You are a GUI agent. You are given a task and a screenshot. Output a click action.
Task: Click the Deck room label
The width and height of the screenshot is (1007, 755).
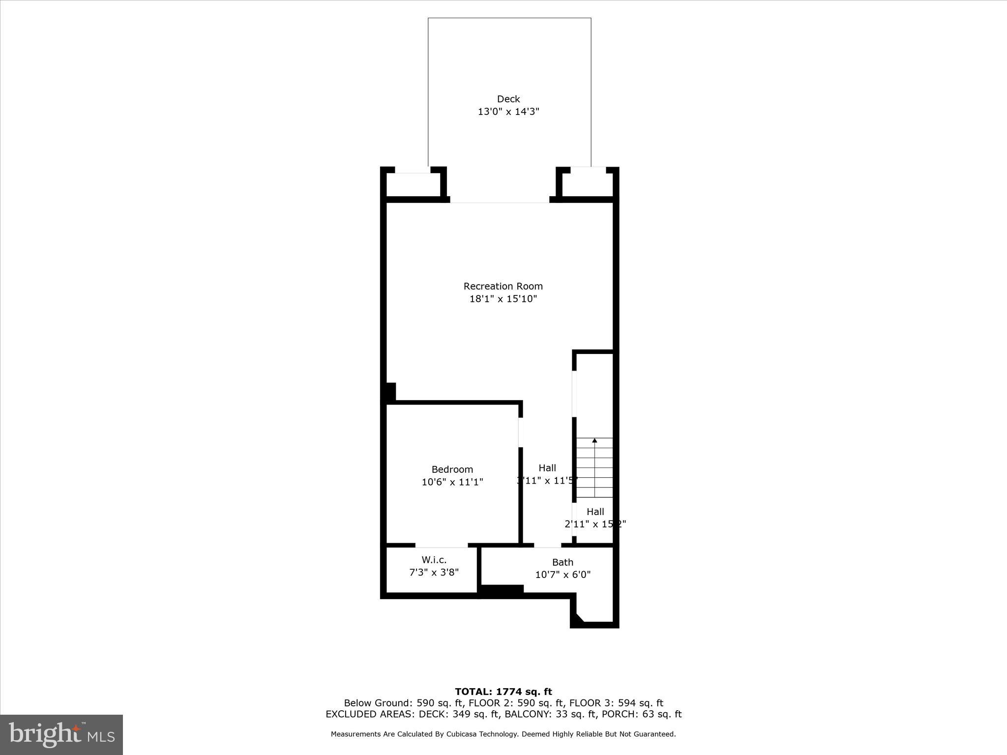coord(508,99)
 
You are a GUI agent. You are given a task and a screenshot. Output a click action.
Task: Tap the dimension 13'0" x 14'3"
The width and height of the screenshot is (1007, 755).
coord(508,112)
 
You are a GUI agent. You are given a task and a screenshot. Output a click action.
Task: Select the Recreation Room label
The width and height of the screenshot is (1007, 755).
coord(503,286)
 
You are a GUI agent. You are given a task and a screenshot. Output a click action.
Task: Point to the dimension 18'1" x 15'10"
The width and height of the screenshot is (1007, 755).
coord(503,299)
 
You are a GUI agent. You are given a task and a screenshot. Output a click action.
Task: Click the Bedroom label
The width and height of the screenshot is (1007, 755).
coord(452,469)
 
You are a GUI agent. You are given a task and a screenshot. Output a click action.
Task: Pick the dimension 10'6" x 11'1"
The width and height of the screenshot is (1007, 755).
coord(452,482)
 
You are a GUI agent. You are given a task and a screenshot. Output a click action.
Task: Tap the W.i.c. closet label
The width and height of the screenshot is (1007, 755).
coord(434,560)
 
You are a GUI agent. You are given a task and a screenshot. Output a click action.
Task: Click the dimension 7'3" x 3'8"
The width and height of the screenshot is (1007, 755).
coord(434,572)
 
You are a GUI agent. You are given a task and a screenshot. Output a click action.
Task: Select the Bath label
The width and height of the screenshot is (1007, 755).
coord(563,562)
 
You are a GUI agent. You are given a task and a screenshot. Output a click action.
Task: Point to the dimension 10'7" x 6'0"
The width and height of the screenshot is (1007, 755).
coord(563,575)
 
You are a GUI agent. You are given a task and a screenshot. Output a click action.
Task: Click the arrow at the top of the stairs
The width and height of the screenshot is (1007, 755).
coord(594,441)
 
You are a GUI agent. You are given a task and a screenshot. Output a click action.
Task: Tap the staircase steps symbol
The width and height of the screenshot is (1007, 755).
coord(594,469)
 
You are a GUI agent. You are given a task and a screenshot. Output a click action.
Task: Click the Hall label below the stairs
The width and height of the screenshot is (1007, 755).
coord(595,512)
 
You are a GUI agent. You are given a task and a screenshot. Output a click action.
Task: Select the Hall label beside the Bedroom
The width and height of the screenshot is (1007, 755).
coord(547,468)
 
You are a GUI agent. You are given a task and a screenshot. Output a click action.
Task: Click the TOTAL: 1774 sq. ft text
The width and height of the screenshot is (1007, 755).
coord(503,692)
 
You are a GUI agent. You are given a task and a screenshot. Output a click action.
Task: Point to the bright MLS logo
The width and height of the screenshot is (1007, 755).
coord(61,734)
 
